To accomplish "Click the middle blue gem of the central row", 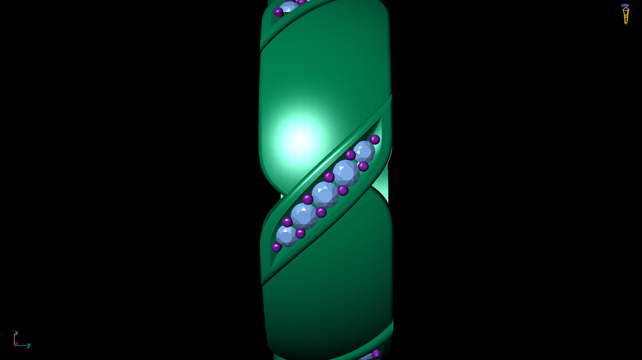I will [x=325, y=195].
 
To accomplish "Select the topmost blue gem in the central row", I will [x=364, y=152].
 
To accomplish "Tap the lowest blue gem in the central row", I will [x=286, y=235].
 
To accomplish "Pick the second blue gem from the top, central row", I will [x=346, y=173].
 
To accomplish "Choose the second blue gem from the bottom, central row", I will [x=304, y=216].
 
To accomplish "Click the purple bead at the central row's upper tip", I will [x=375, y=139].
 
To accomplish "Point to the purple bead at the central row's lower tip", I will [x=277, y=247].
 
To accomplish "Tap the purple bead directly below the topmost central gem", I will [x=363, y=166].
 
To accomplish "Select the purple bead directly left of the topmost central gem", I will [x=350, y=155].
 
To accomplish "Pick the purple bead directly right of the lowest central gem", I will [x=300, y=233].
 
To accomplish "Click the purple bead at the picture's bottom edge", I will [x=376, y=354].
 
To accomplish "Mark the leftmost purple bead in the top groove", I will [x=279, y=12].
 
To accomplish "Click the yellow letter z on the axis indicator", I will [x=16, y=333].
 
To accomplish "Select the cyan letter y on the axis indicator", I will [x=28, y=345].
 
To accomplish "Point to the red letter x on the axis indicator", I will [x=16, y=343].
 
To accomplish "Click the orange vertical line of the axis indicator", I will [x=14, y=339].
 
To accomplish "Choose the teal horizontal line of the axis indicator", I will [x=21, y=345].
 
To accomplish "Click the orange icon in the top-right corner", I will [x=625, y=14].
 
